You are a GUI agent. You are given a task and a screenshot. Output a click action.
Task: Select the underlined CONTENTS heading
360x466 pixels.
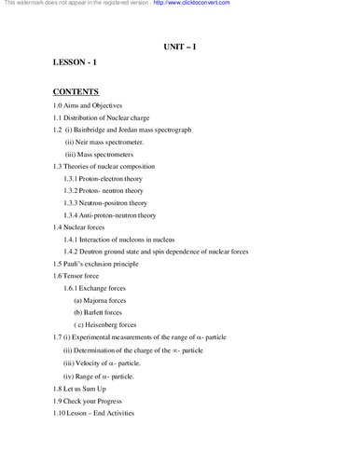pyautogui.click(x=76, y=93)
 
